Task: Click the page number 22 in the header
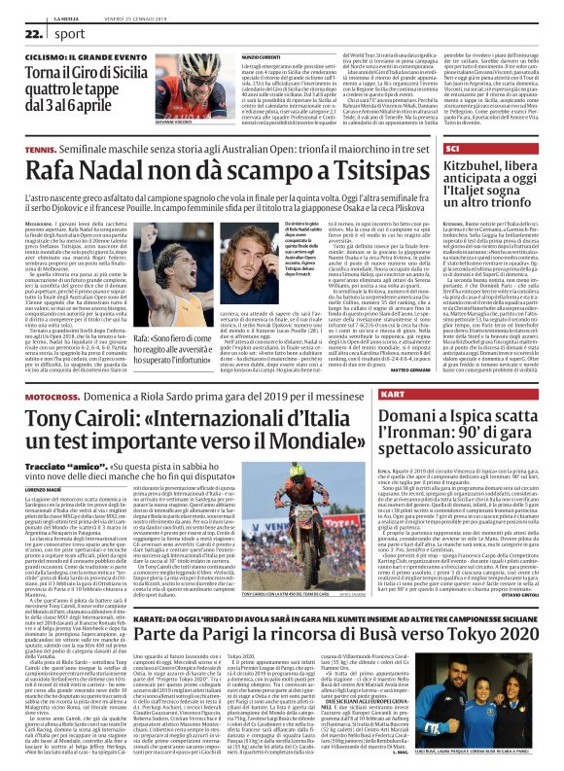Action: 29,33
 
